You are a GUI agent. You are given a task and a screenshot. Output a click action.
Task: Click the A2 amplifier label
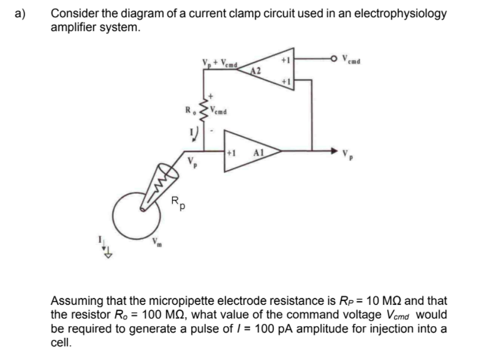[x=257, y=71]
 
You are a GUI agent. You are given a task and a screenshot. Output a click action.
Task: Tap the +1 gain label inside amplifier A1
[x=231, y=150]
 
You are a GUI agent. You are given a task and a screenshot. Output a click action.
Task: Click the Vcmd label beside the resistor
[x=219, y=111]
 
